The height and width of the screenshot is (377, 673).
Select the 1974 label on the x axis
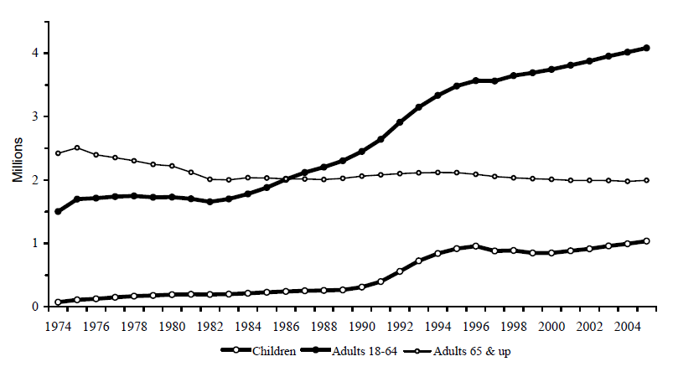click(x=59, y=324)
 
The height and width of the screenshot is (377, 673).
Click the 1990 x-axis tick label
click(x=362, y=324)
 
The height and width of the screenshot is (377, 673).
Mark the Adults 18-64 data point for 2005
click(x=646, y=48)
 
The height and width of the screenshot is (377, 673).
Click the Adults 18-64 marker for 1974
click(x=59, y=211)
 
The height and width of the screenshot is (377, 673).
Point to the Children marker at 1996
click(x=475, y=246)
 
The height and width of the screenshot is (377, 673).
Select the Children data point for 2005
click(x=646, y=241)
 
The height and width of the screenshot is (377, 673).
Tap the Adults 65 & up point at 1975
click(x=77, y=147)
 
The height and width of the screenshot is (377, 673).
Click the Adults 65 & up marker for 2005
click(x=646, y=180)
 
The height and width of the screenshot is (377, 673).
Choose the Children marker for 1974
click(x=59, y=302)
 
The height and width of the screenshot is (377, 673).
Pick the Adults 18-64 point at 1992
click(x=400, y=122)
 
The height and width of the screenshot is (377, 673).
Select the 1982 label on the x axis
click(x=210, y=324)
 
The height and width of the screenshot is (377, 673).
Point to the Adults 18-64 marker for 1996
click(x=475, y=80)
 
